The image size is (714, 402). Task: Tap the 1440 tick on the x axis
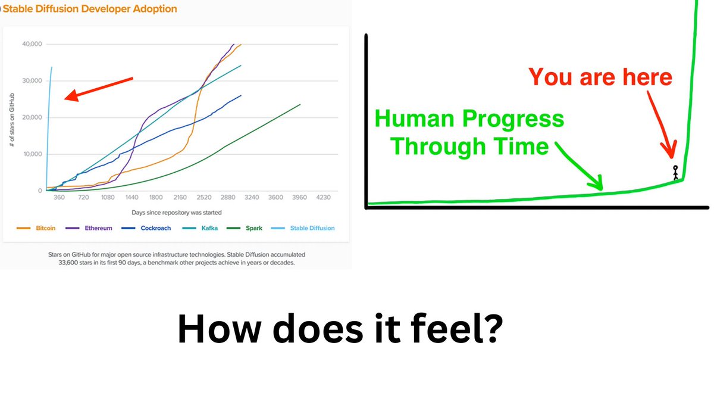[131, 197]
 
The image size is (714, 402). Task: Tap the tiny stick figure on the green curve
[675, 172]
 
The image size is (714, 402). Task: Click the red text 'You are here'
[600, 77]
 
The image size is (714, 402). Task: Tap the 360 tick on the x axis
[59, 197]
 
